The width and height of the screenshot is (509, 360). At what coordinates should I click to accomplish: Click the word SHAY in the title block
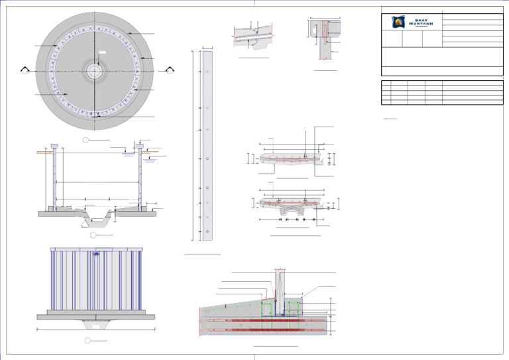[420, 20]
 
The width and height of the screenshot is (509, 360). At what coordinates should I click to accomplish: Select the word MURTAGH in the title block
[420, 25]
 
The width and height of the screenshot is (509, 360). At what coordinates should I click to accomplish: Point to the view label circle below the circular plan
[85, 140]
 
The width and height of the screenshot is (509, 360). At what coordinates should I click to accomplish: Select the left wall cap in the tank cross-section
[54, 145]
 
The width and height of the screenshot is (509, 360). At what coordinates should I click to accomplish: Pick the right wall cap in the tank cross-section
[140, 145]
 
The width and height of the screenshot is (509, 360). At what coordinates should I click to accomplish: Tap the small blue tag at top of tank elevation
[97, 252]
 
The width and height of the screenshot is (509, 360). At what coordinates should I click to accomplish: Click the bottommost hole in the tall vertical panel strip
[207, 231]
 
